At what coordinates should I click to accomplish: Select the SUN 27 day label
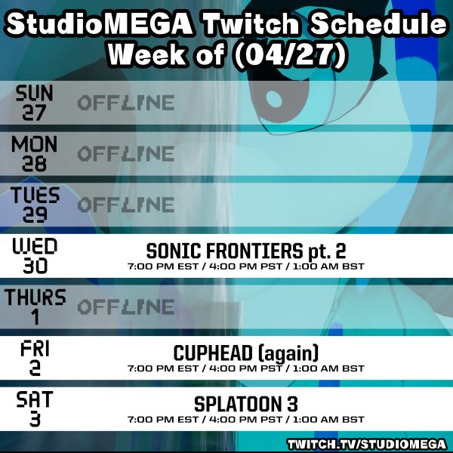pos(35,103)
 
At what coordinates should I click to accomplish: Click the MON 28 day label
pos(35,153)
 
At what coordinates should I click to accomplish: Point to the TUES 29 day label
pos(35,205)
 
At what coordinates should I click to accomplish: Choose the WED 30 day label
pos(35,256)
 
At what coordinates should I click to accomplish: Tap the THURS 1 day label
pos(35,307)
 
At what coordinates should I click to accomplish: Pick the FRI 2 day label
pos(35,358)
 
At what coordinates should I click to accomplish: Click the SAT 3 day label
pos(35,408)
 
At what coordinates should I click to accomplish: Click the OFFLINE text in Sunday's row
pos(126,103)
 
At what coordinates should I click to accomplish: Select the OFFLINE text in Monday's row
pos(126,153)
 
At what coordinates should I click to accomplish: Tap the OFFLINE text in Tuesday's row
pos(126,205)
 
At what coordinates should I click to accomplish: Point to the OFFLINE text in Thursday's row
pos(126,307)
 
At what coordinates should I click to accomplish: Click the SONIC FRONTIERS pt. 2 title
pos(246,251)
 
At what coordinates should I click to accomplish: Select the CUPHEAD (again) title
pos(246,353)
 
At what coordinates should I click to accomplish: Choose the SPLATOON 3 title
pos(246,404)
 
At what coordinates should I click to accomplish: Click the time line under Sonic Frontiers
pos(246,267)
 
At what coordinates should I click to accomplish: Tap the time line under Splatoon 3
pos(246,420)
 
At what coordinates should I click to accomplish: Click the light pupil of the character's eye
pos(273,99)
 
